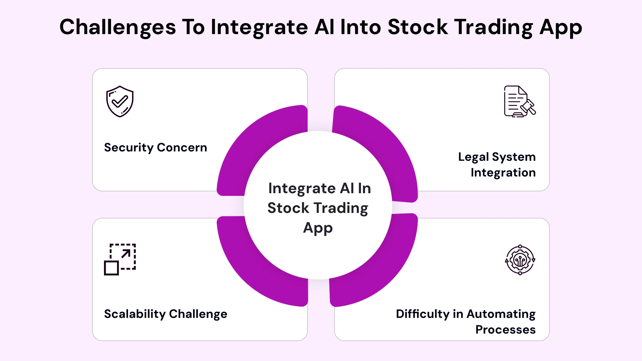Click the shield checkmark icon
[x=120, y=101]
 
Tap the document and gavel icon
[x=519, y=101]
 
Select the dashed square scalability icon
[x=120, y=259]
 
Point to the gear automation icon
[x=520, y=260]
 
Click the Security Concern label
[x=155, y=147]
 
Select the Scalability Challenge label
[x=166, y=314]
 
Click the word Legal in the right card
[x=473, y=157]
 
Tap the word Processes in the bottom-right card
[x=505, y=330]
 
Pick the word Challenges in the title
[x=118, y=27]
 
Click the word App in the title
[x=561, y=27]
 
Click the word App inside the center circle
[x=318, y=228]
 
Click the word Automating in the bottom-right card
[x=501, y=314]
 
